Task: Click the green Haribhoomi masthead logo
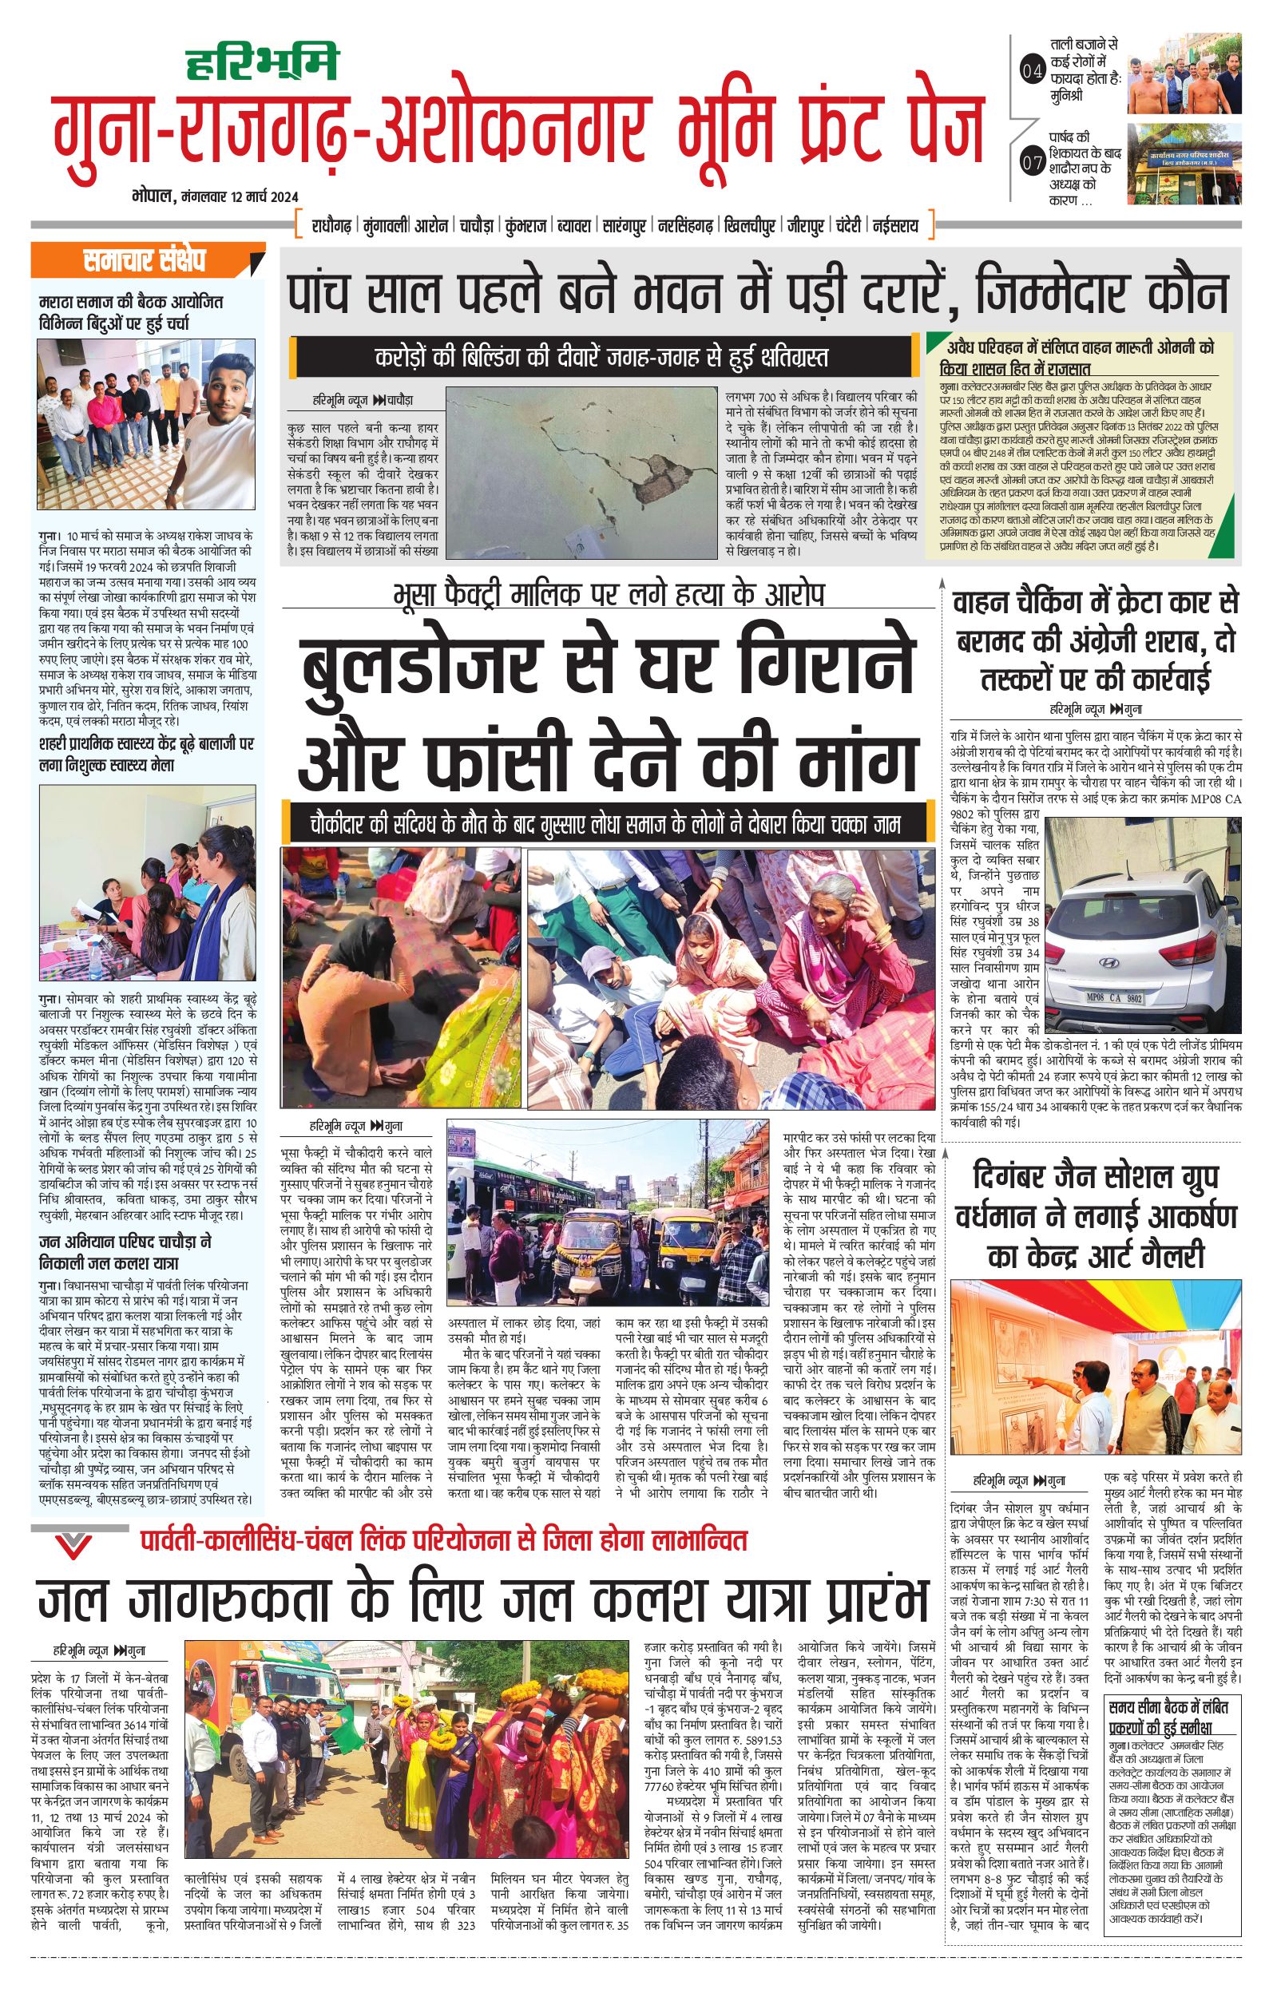coord(260,61)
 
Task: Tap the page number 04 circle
coord(1031,73)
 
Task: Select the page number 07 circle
coord(1031,163)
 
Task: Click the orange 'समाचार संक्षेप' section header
coord(146,261)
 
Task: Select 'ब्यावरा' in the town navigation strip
coord(574,226)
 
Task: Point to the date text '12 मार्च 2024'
coord(253,197)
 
